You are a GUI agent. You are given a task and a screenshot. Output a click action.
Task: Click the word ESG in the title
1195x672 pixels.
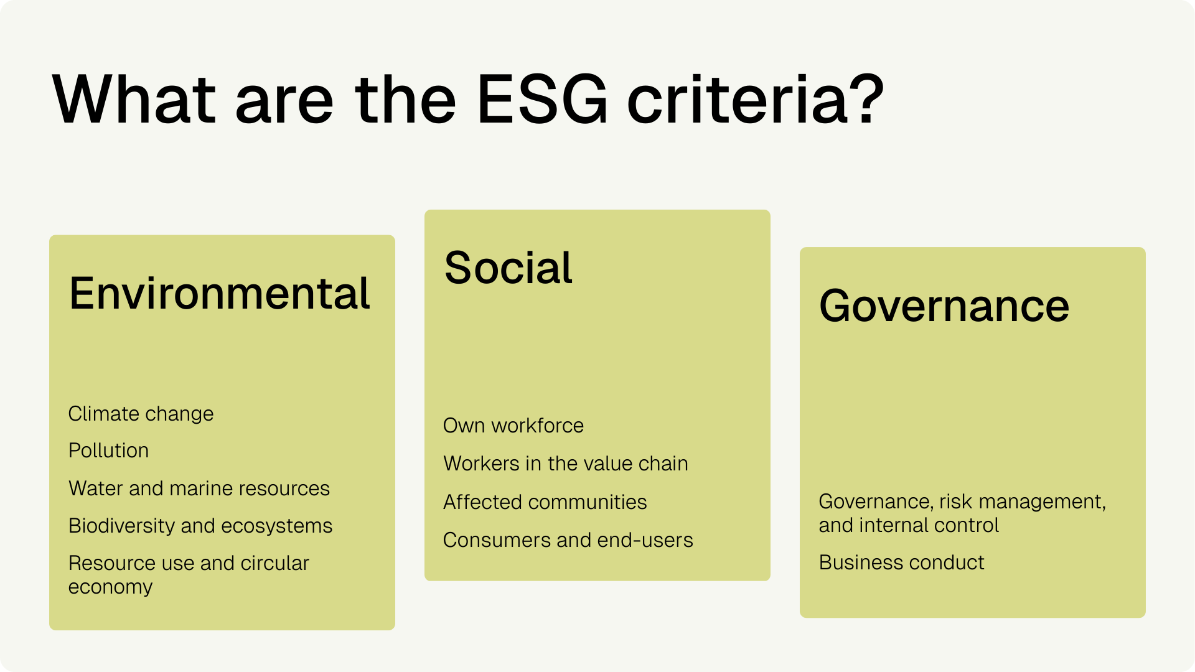pos(541,100)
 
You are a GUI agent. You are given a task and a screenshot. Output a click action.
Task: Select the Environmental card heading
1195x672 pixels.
pos(220,293)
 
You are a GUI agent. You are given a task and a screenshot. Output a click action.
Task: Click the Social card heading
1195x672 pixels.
pos(508,268)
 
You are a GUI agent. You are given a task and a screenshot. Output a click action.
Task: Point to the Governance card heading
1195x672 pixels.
pos(944,306)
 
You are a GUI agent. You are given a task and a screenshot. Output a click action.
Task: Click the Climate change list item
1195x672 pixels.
pos(141,414)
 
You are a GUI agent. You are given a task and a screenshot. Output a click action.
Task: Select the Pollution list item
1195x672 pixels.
pos(108,450)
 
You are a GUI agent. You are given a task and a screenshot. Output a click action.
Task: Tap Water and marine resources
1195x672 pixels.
pos(199,488)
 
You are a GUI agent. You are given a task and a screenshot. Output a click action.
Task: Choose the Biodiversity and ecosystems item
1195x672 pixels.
pos(200,526)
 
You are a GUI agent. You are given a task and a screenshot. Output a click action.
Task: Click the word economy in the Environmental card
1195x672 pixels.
pos(110,587)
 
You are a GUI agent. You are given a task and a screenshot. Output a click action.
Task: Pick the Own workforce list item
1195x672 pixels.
pos(513,426)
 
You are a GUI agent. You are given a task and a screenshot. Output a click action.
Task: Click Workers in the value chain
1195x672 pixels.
pos(566,464)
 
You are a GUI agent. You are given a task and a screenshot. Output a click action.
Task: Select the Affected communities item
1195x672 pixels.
pos(545,502)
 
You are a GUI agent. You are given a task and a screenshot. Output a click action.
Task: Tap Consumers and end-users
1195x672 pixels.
pos(568,540)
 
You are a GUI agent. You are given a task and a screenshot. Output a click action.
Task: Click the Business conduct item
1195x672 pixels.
pos(902,562)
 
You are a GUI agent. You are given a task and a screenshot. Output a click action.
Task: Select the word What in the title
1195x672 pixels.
pos(134,100)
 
